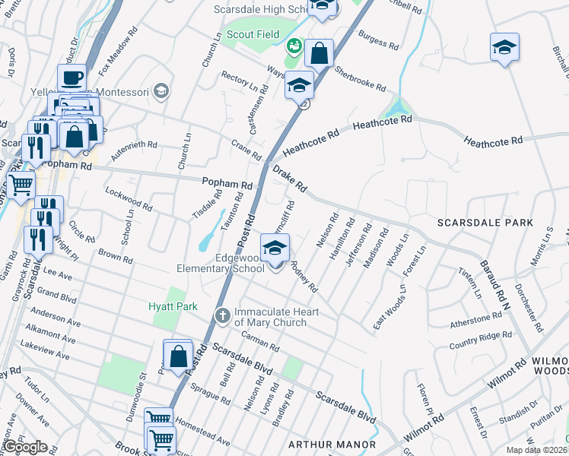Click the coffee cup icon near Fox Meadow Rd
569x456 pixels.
[73, 78]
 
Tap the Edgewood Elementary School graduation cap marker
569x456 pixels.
[275, 248]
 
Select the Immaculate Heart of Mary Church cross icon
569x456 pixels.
[222, 313]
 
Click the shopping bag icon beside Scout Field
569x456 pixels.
[319, 53]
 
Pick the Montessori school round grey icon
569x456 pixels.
[161, 91]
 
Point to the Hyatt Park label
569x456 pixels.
[173, 306]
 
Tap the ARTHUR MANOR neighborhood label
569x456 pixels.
[331, 444]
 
